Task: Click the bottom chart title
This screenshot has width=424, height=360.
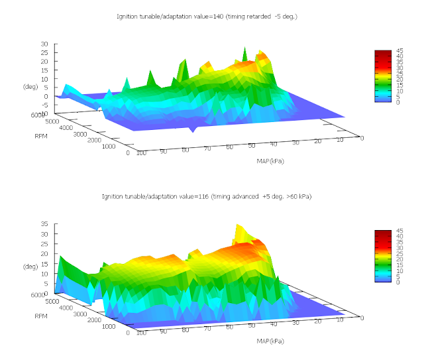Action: coord(206,196)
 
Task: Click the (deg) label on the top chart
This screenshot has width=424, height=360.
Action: coord(30,86)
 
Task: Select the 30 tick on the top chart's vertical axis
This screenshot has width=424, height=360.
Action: coord(44,44)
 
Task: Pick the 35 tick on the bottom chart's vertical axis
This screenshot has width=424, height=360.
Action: coord(44,224)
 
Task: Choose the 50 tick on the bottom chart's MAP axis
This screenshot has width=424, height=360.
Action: coord(252,325)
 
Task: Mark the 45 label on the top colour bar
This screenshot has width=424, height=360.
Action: coord(401,51)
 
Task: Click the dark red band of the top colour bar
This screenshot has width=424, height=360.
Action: coord(384,53)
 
